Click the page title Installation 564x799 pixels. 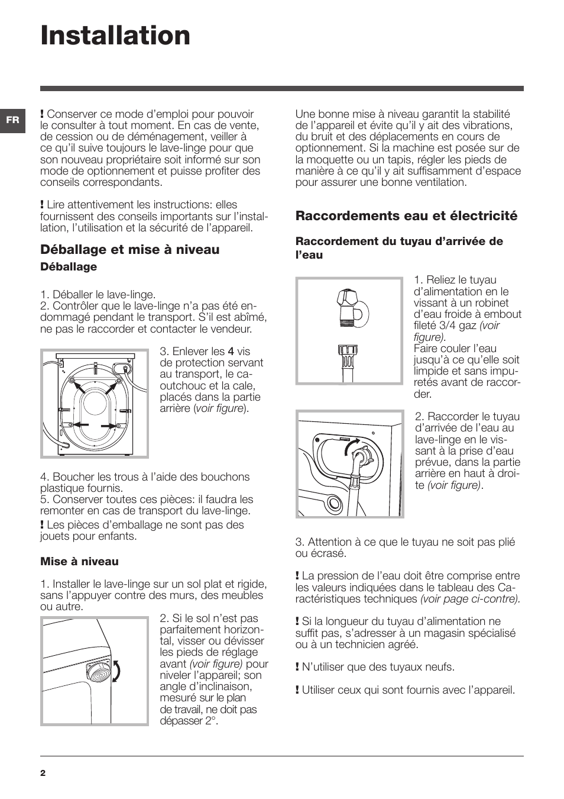click(115, 36)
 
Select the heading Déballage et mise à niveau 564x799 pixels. click(129, 250)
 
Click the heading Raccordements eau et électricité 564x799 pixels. click(406, 216)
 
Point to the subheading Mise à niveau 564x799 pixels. click(79, 562)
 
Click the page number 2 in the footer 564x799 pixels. click(43, 773)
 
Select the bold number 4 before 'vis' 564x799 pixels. click(231, 352)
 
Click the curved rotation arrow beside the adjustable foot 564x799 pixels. click(116, 672)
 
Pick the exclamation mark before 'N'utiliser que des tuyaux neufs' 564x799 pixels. click(297, 667)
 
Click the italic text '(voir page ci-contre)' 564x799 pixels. click(470, 599)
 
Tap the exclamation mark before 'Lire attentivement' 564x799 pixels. click(42, 205)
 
